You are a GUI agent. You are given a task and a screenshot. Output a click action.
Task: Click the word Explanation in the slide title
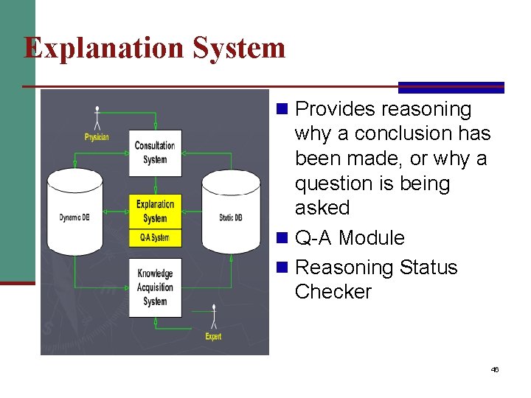103,48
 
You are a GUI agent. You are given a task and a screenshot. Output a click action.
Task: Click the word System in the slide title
239,48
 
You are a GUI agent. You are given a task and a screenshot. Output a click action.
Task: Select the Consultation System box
155,153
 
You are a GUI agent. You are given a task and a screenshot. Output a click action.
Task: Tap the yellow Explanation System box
155,212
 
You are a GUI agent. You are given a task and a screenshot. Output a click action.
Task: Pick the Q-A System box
155,237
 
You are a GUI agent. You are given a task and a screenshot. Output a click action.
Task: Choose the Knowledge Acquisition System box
155,287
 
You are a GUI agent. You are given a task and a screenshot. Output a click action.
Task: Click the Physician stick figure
97,118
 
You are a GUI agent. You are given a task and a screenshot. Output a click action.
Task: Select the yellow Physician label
97,137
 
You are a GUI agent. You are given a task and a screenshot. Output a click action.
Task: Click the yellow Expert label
213,337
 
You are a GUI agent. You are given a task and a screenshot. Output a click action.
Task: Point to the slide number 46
495,369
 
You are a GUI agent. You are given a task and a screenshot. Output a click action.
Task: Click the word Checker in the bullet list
333,292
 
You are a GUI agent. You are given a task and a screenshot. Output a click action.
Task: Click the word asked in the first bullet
322,208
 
